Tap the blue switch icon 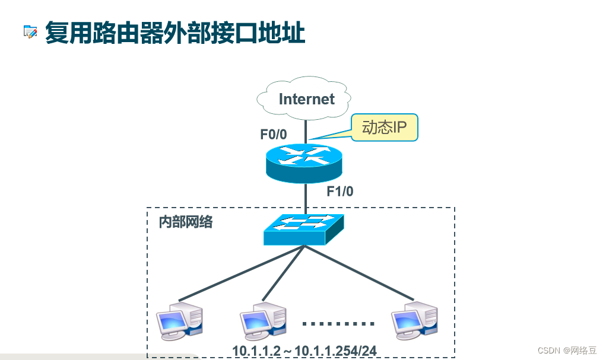303,229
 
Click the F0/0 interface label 273,135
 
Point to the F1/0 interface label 340,192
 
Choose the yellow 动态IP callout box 385,128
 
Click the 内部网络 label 185,223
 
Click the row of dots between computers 338,324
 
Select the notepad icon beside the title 30,32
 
